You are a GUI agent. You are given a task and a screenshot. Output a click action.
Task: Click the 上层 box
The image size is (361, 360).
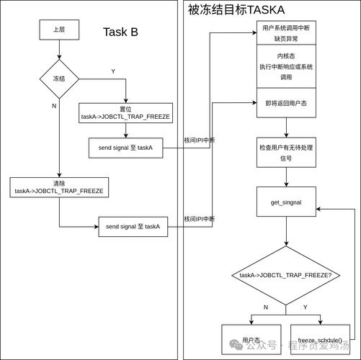58,30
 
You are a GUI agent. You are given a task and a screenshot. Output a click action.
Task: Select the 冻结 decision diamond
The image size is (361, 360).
58,78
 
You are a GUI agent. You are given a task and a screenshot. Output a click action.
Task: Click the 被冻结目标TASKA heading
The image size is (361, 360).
236,9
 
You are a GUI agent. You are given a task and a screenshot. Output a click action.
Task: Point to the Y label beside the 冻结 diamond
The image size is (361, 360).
113,71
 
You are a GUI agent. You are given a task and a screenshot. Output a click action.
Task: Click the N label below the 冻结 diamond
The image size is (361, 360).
54,106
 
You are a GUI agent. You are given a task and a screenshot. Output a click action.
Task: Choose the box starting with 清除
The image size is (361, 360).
58,186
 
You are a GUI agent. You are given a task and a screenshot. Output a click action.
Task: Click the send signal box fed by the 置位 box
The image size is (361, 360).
126,148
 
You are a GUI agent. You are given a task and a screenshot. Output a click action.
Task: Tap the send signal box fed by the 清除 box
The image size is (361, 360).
133,227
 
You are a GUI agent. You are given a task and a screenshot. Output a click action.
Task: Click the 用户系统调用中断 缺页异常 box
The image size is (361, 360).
286,33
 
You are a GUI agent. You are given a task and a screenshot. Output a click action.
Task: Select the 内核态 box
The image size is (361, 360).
286,66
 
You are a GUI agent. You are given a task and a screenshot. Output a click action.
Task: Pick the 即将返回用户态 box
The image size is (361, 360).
286,104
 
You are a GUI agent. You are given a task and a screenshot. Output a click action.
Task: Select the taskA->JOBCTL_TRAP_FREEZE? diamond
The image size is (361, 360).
285,275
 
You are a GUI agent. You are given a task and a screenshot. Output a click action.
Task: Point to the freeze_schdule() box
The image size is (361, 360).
321,338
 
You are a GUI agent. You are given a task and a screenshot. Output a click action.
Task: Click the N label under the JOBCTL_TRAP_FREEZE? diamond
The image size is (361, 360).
265,307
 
